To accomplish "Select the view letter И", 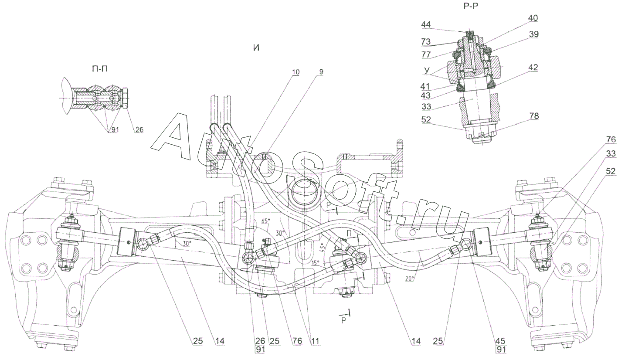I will tap(256, 48).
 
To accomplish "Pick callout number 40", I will tap(533, 18).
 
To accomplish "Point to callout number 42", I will tap(533, 68).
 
